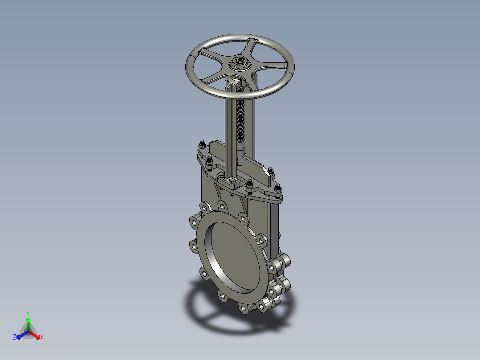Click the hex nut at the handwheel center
pyautogui.click(x=240, y=62)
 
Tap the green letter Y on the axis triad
pyautogui.click(x=28, y=313)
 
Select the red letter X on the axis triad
pyautogui.click(x=42, y=337)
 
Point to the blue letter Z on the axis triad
pyautogui.click(x=14, y=337)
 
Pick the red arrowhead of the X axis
pyautogui.click(x=38, y=337)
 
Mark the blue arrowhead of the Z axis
pyautogui.click(x=19, y=337)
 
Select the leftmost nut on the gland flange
pyautogui.click(x=202, y=144)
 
